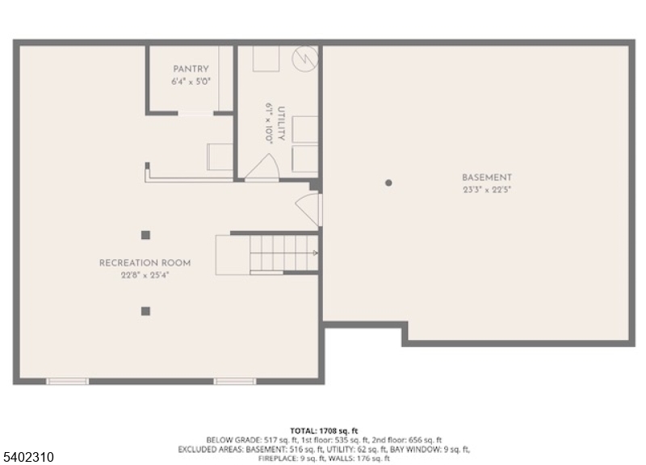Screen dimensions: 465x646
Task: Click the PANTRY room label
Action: [190, 69]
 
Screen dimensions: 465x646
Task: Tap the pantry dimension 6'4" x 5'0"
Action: [190, 82]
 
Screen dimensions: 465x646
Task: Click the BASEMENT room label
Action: [486, 178]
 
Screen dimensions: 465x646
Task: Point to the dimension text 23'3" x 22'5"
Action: [486, 191]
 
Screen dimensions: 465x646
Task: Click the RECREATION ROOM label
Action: [145, 263]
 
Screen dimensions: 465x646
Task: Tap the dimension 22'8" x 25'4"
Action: [145, 275]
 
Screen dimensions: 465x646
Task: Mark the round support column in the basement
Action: [388, 183]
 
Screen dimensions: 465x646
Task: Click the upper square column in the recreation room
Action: [145, 235]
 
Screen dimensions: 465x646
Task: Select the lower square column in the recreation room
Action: [145, 310]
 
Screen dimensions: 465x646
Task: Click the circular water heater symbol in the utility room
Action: [305, 58]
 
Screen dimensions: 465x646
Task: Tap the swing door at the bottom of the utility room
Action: [262, 167]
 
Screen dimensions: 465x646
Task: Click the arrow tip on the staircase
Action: [315, 253]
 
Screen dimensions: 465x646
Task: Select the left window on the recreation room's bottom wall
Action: [67, 380]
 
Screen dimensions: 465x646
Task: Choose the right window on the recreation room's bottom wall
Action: [234, 380]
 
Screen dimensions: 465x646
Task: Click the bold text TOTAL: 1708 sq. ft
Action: [323, 431]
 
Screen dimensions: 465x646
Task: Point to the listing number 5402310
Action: [28, 457]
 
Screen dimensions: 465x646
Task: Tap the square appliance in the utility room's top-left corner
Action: [266, 59]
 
